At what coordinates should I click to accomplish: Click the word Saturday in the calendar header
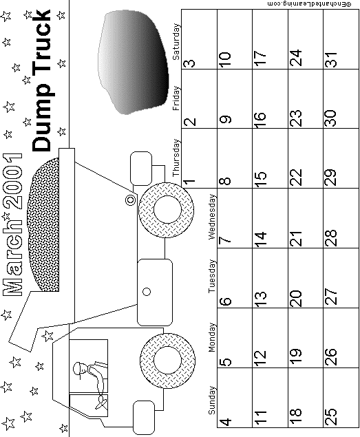click(176, 42)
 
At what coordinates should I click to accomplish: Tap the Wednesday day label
click(212, 217)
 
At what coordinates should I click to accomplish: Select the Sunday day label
click(212, 400)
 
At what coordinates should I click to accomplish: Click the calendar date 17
click(261, 58)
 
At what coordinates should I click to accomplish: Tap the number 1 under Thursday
click(189, 182)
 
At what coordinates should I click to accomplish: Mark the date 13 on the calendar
click(261, 299)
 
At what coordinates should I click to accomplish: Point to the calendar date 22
click(296, 177)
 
